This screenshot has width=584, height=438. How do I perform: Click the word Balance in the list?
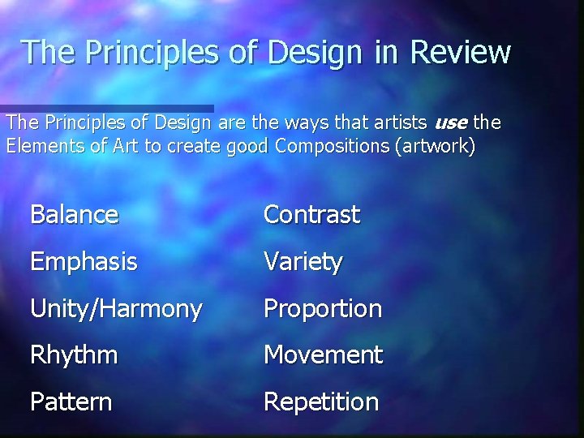[x=74, y=215]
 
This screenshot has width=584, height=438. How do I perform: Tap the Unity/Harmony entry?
[x=116, y=309]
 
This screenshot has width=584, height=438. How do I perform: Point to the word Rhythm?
[x=74, y=355]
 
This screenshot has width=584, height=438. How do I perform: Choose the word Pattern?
[x=71, y=401]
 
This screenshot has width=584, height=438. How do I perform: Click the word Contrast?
[x=311, y=215]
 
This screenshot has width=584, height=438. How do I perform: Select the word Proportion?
[x=323, y=309]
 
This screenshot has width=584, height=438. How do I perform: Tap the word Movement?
[x=323, y=355]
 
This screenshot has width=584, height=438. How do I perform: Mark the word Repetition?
[x=321, y=401]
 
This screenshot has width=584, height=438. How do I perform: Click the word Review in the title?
[x=461, y=52]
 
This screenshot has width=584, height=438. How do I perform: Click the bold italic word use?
[x=450, y=123]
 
